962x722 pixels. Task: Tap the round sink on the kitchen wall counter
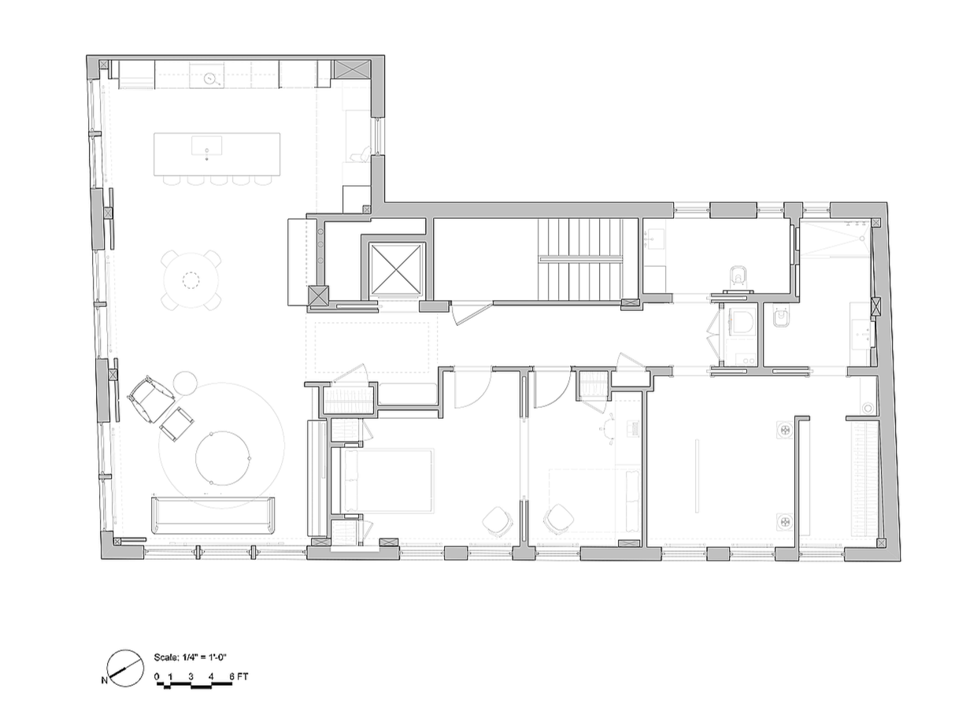pos(210,78)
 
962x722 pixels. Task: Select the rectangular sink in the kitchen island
pos(207,145)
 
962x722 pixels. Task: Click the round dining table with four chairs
pos(191,279)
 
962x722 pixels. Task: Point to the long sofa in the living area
pos(213,515)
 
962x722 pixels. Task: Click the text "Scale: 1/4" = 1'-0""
pos(191,656)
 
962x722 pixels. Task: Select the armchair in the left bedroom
pos(498,520)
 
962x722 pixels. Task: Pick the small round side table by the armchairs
pos(185,383)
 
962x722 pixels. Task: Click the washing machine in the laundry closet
pos(784,430)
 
